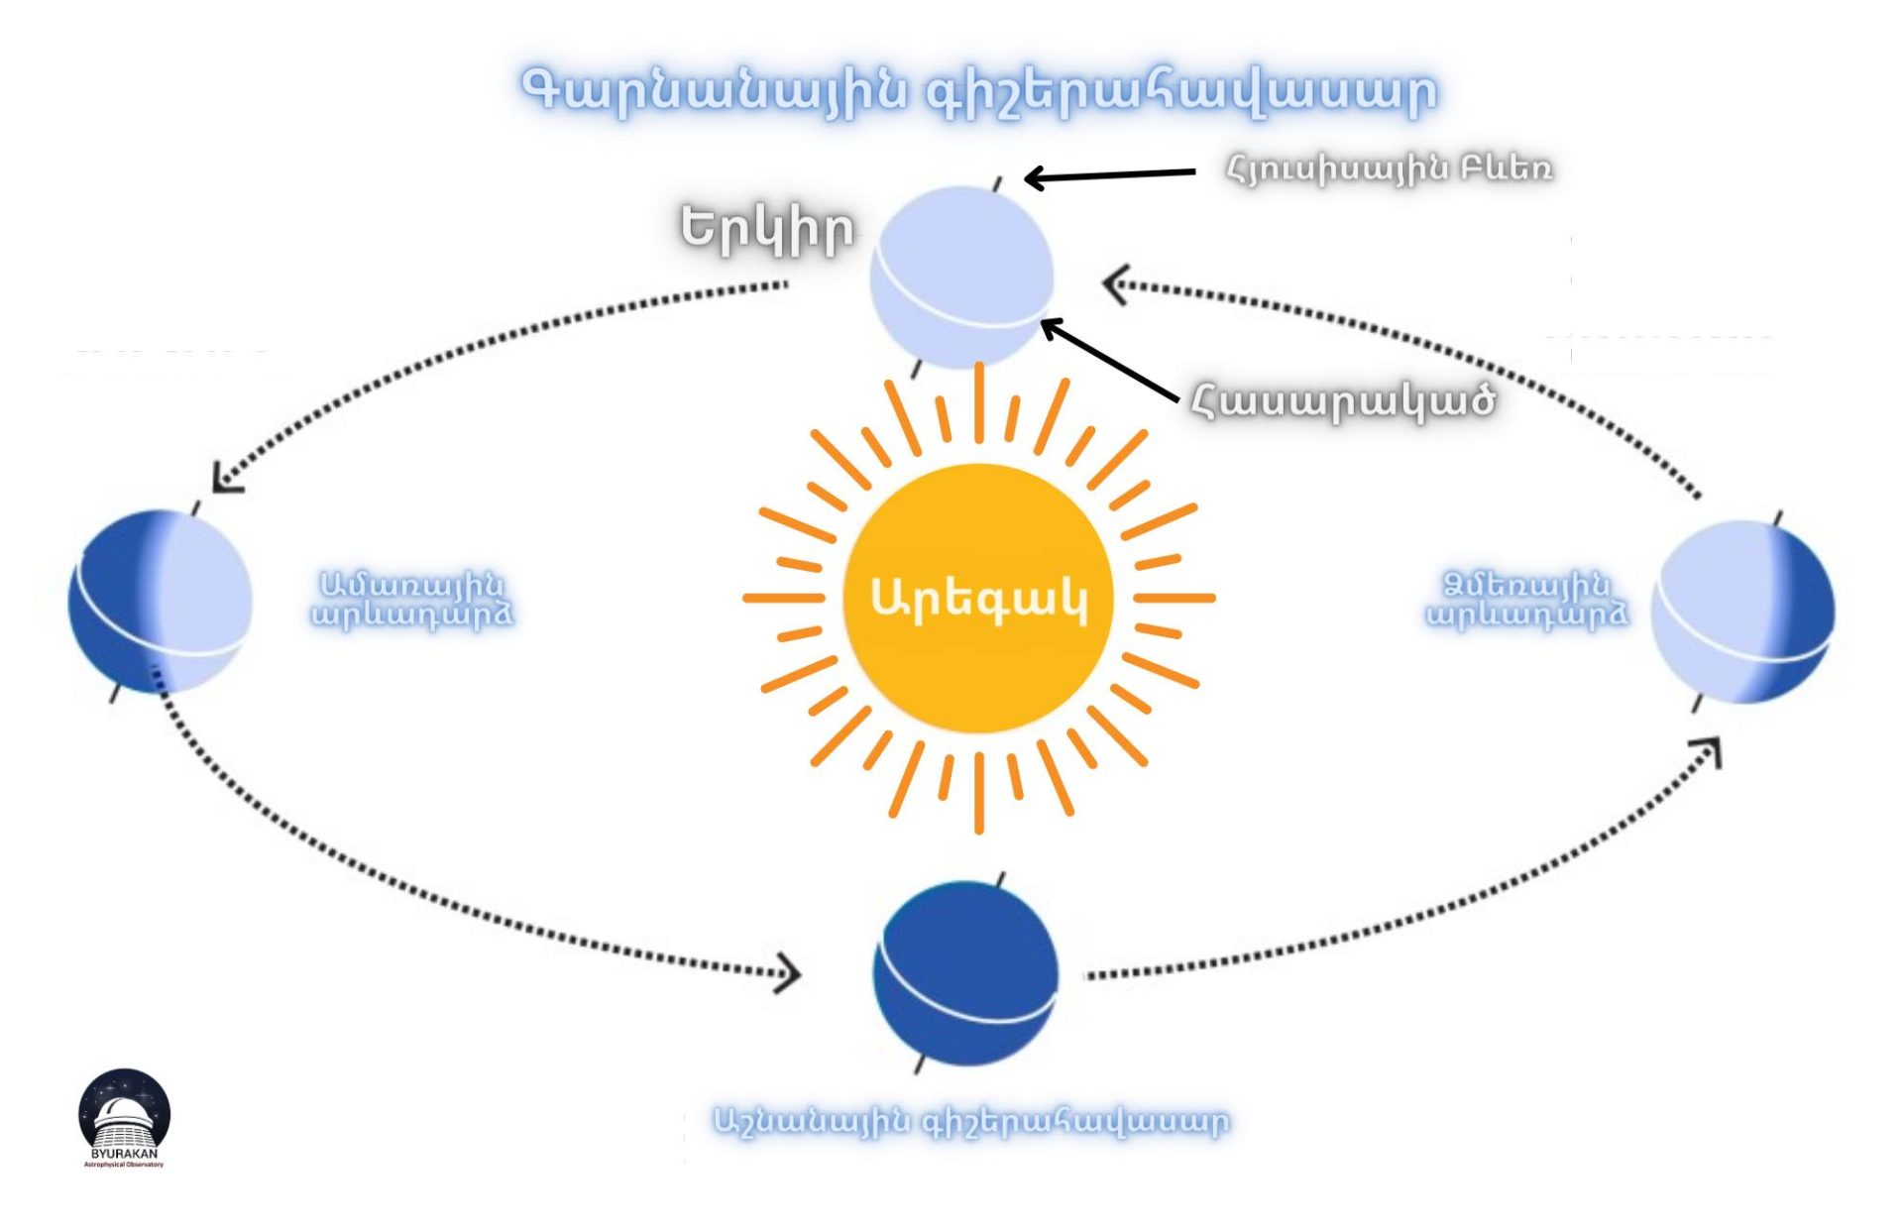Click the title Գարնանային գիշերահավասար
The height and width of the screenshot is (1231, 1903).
(978, 91)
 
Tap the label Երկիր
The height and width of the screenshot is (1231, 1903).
(766, 229)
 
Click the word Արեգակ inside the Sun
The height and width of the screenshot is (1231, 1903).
(978, 599)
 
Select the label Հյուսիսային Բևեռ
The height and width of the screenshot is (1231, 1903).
(1389, 168)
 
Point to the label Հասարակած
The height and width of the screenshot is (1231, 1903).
(1343, 400)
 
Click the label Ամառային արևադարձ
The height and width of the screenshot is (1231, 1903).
(412, 600)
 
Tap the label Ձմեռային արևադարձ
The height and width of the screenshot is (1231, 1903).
(1526, 600)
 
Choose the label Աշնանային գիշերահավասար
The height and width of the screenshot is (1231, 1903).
(970, 1121)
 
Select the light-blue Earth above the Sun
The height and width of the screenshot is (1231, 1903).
(961, 277)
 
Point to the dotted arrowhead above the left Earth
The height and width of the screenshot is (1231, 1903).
(226, 480)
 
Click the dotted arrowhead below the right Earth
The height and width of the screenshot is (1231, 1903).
(1711, 749)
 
